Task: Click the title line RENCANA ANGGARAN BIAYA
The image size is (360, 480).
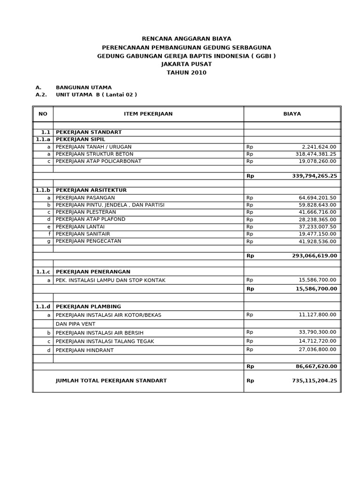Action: [x=187, y=39]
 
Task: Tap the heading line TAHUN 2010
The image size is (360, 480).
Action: [x=187, y=73]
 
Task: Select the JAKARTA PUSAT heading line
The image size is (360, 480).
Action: [x=187, y=64]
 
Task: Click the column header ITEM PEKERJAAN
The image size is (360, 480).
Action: [x=148, y=114]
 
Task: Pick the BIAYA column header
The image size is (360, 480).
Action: [x=292, y=114]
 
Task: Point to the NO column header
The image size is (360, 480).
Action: [x=43, y=114]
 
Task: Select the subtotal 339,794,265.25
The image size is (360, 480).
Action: [x=314, y=176]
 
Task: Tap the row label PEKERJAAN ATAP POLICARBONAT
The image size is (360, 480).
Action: [x=98, y=161]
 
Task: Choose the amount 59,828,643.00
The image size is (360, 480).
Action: [x=317, y=205]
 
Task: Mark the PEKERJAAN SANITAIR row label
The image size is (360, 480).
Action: [x=83, y=234]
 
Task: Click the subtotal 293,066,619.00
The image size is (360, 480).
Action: [x=314, y=256]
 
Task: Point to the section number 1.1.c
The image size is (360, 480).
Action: [x=43, y=272]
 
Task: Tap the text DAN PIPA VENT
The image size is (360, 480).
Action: [x=75, y=324]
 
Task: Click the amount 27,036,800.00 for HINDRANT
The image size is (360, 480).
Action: [x=317, y=350]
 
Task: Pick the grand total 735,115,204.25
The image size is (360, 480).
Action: [x=314, y=381]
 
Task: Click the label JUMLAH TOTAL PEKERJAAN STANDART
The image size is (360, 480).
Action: [x=111, y=381]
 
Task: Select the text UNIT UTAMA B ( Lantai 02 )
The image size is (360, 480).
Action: [x=96, y=95]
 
